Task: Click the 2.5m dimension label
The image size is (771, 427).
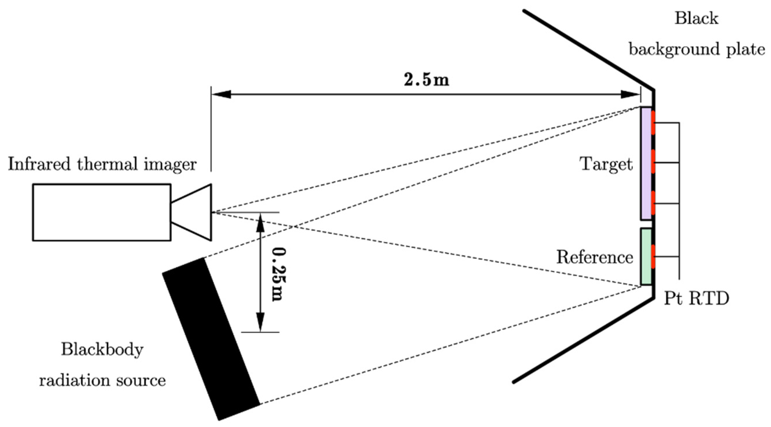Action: [426, 80]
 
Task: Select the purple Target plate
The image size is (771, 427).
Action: [646, 164]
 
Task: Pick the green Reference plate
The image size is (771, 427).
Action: [646, 256]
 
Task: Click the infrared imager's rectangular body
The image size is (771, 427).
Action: [102, 212]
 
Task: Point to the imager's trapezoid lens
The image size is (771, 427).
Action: [195, 212]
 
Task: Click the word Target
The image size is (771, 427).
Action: [606, 164]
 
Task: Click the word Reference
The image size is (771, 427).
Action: [594, 257]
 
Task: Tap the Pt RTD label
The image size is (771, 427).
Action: [696, 298]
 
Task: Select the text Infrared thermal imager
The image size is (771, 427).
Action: [102, 164]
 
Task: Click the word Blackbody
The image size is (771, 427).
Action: [102, 349]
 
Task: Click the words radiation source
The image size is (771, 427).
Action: [102, 380]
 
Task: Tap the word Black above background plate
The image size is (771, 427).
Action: [696, 19]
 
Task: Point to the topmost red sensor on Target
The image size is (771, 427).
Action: [654, 123]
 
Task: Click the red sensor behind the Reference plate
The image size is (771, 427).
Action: [654, 256]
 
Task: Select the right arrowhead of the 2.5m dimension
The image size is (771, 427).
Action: [630, 95]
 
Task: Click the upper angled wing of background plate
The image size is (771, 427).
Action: [588, 50]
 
